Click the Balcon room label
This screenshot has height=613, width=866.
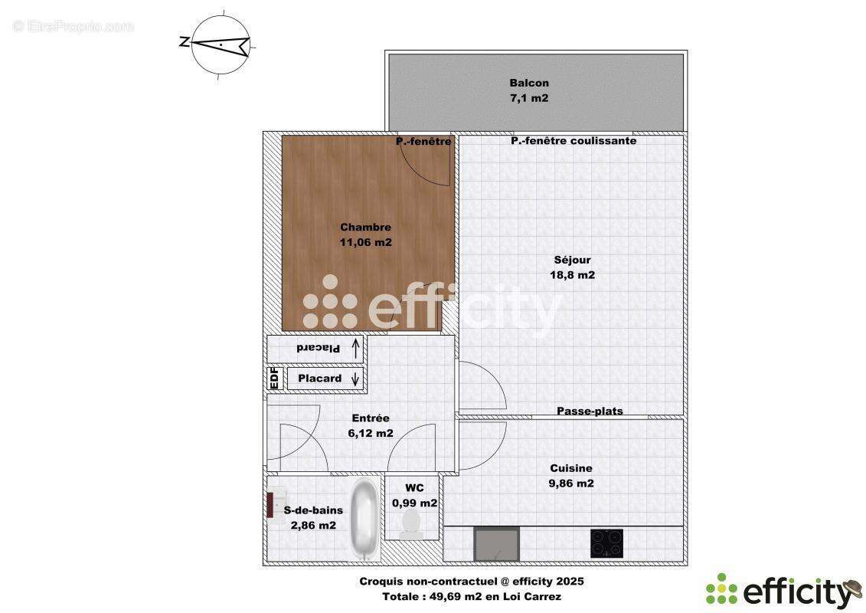click(x=529, y=84)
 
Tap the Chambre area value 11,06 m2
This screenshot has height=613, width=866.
click(x=365, y=242)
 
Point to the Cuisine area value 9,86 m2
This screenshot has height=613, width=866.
click(x=570, y=484)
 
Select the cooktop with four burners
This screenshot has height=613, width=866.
click(x=606, y=543)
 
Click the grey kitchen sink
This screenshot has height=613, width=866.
click(x=497, y=544)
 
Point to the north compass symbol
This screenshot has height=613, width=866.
click(x=220, y=44)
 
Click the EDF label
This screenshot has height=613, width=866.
click(x=274, y=379)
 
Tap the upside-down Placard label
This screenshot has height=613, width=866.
click(x=318, y=349)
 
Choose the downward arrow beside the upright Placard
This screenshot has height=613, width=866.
click(x=355, y=378)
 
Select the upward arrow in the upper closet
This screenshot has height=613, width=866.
click(x=355, y=349)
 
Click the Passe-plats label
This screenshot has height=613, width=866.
click(x=590, y=411)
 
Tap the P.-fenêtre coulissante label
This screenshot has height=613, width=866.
click(x=574, y=141)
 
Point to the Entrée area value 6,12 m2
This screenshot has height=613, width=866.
click(x=371, y=433)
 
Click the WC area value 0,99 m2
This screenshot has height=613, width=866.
click(x=414, y=503)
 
